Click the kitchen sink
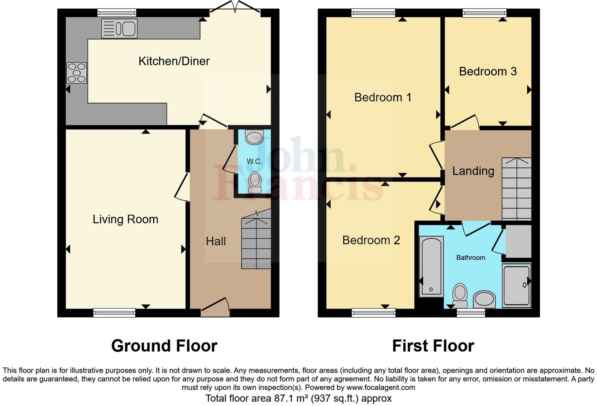coord(119,28)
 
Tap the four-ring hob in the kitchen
coord(77,73)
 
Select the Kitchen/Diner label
coord(174,61)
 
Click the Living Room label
coord(125,219)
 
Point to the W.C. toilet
coord(255,183)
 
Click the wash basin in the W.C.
coord(254,137)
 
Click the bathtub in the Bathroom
coord(431,266)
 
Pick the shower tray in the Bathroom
coord(516,285)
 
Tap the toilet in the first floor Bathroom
coord(460,295)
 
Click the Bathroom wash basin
coord(484,299)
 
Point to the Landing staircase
coord(516,189)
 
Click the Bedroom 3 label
coord(487,71)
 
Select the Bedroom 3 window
coord(484,13)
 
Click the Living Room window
coord(114,313)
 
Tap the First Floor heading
coord(433,346)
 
